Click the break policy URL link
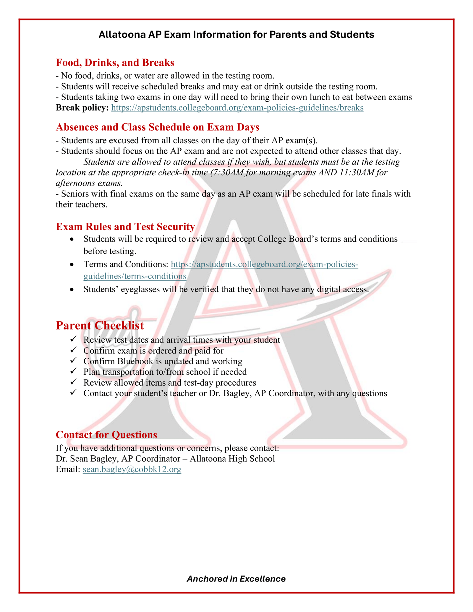(x=237, y=108)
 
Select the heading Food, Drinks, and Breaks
(x=115, y=63)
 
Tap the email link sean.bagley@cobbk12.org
(x=132, y=469)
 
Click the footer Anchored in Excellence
(x=236, y=579)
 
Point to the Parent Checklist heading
(x=100, y=325)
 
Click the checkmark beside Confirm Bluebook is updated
(x=73, y=360)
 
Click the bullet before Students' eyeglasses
(x=72, y=290)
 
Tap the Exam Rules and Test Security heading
(x=125, y=227)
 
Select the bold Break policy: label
(x=82, y=108)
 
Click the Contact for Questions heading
(x=106, y=435)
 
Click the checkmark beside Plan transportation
(x=73, y=371)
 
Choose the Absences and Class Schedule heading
(x=157, y=127)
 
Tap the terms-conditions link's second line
(x=135, y=276)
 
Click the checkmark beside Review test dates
(x=73, y=339)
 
